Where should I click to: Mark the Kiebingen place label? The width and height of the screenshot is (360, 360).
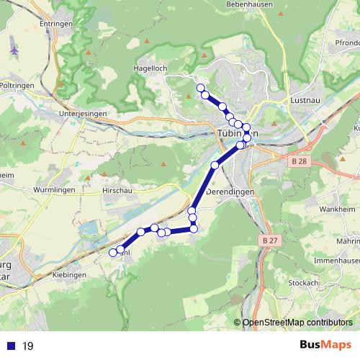click(x=70, y=275)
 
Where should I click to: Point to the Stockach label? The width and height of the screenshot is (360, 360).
click(x=304, y=283)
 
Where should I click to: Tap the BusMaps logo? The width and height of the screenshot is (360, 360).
click(x=325, y=346)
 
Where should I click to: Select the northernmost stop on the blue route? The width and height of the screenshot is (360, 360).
click(x=200, y=87)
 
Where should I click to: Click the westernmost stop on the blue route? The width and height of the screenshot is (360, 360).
click(x=113, y=253)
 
